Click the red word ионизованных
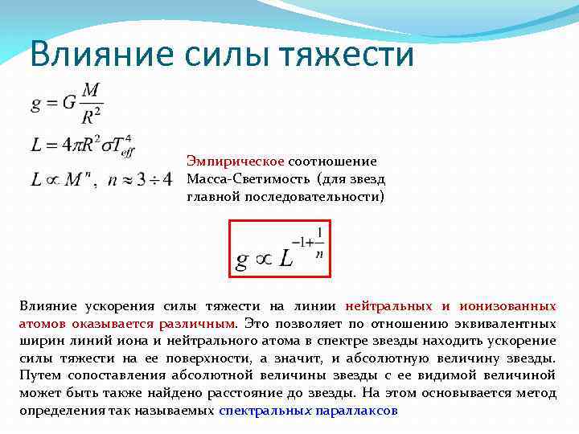(x=507, y=306)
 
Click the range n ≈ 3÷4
(x=140, y=178)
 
